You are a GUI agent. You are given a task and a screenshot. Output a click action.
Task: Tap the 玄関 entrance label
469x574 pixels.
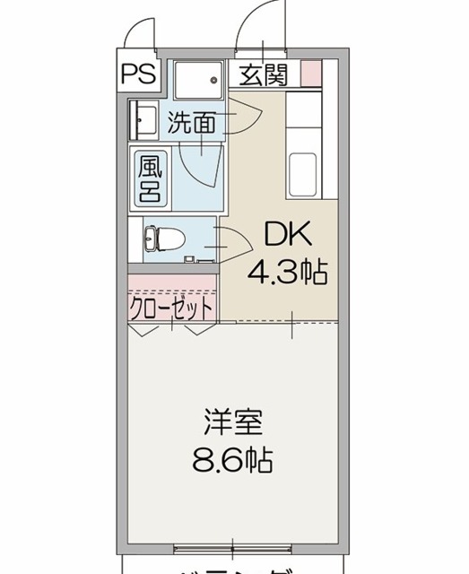coord(264,74)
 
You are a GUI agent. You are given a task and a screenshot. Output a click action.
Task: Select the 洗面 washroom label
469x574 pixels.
coord(192,123)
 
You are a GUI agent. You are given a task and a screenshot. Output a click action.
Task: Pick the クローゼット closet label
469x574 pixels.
coord(172,308)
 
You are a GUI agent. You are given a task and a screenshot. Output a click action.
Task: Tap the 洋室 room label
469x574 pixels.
coord(230,422)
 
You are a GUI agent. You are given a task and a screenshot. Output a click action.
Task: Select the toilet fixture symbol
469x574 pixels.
coord(163,239)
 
